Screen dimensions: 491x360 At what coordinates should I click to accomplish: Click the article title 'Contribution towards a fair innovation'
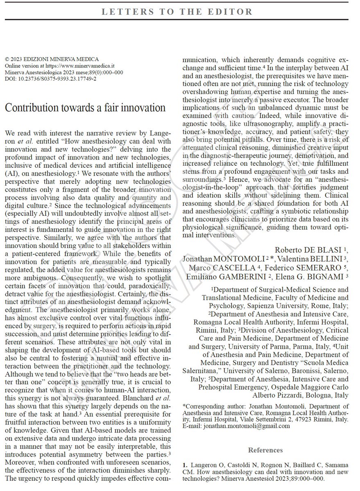click(85, 108)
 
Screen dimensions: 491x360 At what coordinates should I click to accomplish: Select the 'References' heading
click(265, 450)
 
